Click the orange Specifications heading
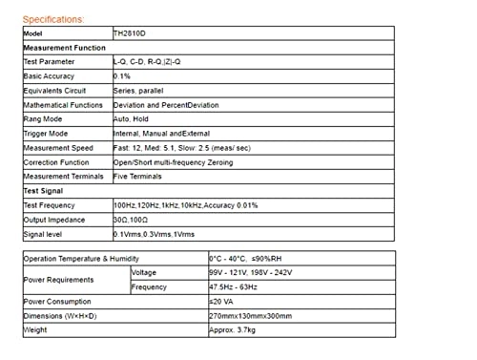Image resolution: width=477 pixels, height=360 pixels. coord(52,19)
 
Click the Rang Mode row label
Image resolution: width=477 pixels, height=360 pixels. coord(43,118)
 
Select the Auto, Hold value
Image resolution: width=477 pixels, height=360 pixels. coord(132,118)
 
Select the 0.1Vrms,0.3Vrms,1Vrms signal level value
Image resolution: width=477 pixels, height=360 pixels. coord(152,235)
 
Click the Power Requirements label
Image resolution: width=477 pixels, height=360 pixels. coord(58,280)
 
